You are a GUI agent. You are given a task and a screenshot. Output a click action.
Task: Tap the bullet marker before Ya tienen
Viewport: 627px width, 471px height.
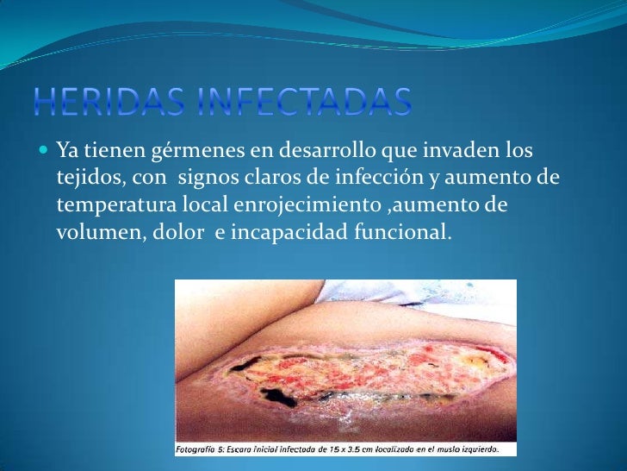[x=44, y=151]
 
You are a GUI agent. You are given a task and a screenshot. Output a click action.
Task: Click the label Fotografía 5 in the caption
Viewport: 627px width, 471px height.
[x=202, y=448]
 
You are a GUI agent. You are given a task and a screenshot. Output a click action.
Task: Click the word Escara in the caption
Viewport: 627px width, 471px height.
[x=249, y=448]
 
